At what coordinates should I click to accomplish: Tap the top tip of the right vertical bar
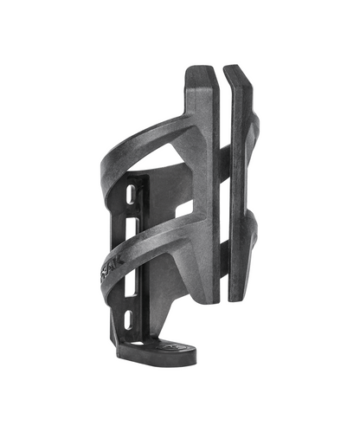coord(235,67)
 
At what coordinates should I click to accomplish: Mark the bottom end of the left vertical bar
coord(207,299)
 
